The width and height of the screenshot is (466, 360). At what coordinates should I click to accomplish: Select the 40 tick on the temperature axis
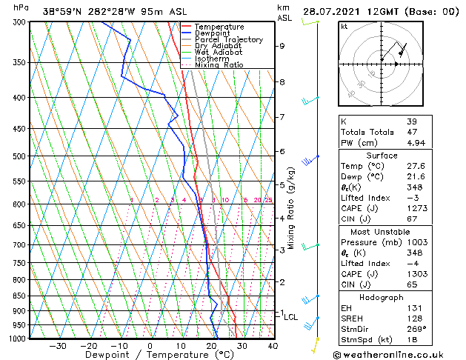[x=273, y=345]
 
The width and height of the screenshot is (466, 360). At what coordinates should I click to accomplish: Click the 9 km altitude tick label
[x=282, y=46]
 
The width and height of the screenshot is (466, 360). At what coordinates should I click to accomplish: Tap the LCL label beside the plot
[x=291, y=317]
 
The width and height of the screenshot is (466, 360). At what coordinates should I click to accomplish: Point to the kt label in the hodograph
[x=344, y=26]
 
